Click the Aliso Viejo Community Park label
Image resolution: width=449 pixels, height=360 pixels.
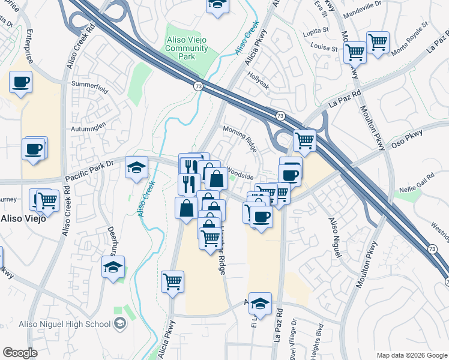pyautogui.click(x=187, y=48)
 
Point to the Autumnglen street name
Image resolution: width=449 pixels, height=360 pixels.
pyautogui.click(x=90, y=126)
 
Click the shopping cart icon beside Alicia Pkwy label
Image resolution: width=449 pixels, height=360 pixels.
pyautogui.click(x=172, y=280)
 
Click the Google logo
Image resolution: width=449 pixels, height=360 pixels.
pyautogui.click(x=20, y=353)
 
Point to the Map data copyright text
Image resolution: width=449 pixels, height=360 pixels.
pyautogui.click(x=411, y=355)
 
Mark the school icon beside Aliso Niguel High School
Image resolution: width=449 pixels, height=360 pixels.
pyautogui.click(x=121, y=324)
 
